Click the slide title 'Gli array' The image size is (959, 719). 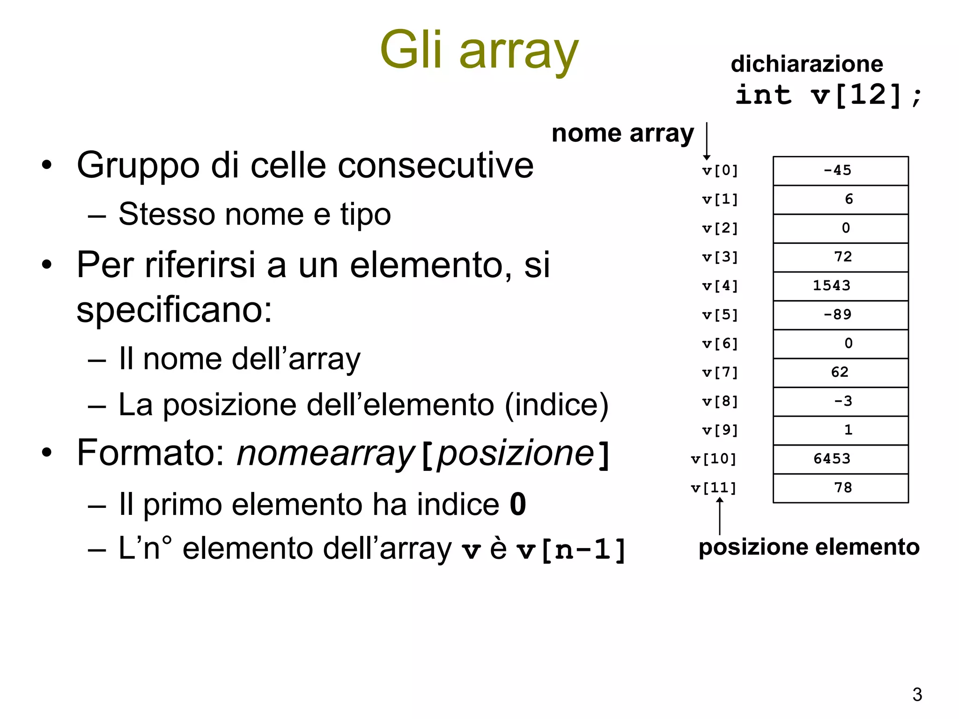click(x=479, y=51)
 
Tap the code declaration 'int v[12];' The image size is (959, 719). click(x=828, y=95)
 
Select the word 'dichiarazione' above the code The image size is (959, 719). click(x=807, y=64)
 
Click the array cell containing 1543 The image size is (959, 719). click(x=841, y=286)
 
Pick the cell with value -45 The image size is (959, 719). click(x=841, y=171)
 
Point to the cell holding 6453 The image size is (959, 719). click(x=841, y=459)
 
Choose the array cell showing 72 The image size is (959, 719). click(x=841, y=257)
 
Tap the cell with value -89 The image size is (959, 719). click(x=841, y=315)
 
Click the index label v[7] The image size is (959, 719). click(x=720, y=373)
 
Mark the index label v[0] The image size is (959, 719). click(x=720, y=171)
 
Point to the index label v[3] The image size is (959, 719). click(x=720, y=257)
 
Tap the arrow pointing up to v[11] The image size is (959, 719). click(x=720, y=516)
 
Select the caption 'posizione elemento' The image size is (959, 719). click(x=809, y=547)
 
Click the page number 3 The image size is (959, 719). click(x=917, y=695)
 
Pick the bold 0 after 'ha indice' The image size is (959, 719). click(x=518, y=505)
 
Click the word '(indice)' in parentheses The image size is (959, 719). click(x=557, y=405)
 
